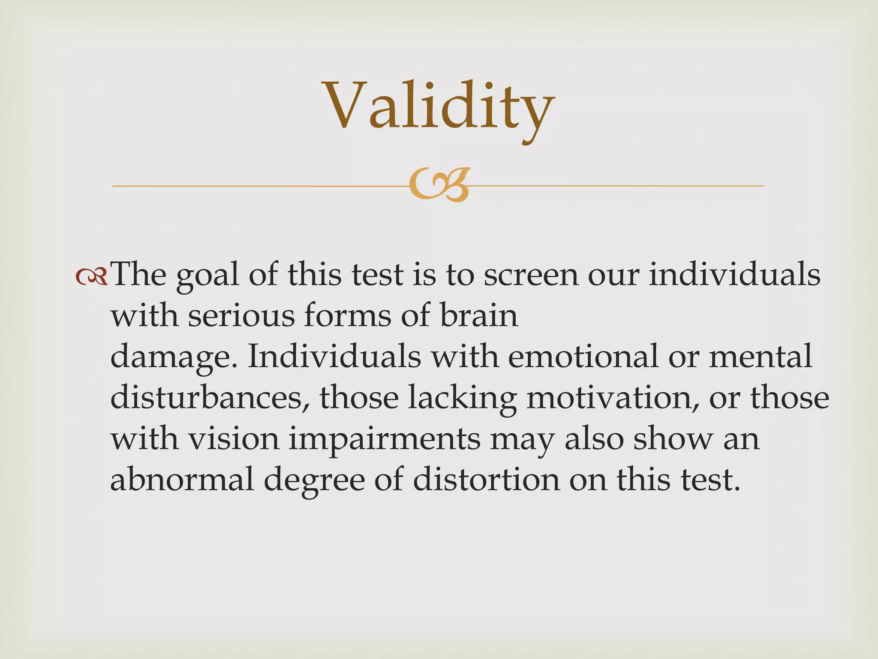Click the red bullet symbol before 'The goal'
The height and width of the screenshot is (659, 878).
pyautogui.click(x=91, y=278)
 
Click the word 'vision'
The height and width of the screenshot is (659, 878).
pyautogui.click(x=234, y=438)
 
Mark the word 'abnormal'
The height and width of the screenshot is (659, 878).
pyautogui.click(x=182, y=480)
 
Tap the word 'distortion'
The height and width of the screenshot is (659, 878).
pyautogui.click(x=487, y=480)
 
